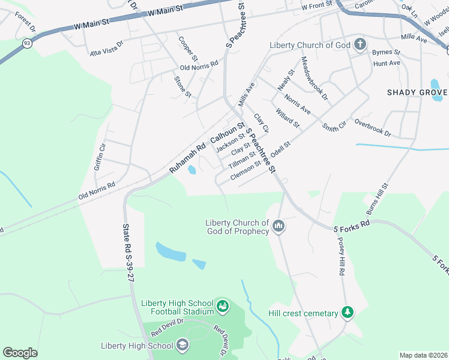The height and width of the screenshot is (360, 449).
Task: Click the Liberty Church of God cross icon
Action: [x=360, y=44]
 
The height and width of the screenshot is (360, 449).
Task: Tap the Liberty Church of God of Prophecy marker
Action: [x=278, y=226]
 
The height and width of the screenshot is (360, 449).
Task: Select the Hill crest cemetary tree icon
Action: [x=347, y=312]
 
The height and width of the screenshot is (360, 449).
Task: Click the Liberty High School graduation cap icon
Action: [x=183, y=346]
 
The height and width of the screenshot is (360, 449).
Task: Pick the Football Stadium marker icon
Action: [x=223, y=307]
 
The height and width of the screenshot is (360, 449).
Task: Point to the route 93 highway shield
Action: [x=28, y=43]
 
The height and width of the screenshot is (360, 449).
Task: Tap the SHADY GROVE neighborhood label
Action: [x=417, y=92]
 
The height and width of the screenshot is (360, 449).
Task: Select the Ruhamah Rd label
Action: [x=187, y=158]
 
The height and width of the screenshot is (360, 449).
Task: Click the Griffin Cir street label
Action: [x=100, y=157]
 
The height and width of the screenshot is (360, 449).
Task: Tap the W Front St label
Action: [x=316, y=7]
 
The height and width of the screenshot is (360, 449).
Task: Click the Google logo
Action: [x=20, y=353]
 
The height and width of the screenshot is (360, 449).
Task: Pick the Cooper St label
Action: [x=187, y=49]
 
